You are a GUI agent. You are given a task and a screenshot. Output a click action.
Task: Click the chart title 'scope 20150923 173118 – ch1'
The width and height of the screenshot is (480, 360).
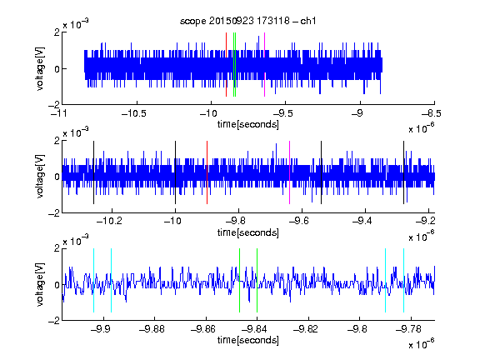248,21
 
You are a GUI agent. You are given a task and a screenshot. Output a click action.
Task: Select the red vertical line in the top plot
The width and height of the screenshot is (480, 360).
226,65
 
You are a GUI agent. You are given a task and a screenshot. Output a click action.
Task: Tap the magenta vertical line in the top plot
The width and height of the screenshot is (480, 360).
264,65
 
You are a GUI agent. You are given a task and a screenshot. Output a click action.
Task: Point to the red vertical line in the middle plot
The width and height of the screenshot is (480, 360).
207,172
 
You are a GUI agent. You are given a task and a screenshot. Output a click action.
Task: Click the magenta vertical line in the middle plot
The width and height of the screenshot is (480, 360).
290,172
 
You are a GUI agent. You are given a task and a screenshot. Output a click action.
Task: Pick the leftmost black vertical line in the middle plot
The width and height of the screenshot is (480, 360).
93,172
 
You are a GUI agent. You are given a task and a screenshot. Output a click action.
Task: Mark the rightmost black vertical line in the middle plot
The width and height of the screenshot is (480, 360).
404,172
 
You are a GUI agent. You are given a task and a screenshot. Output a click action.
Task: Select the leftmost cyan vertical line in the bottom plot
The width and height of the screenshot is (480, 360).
93,280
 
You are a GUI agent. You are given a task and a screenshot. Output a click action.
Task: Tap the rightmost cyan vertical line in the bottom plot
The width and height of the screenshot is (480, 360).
404,280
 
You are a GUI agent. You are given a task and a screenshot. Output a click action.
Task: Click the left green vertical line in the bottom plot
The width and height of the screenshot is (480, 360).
239,280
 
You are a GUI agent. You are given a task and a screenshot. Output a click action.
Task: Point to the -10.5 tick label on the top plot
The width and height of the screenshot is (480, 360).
134,113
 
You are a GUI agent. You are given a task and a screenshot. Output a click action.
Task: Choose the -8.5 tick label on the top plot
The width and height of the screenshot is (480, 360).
432,113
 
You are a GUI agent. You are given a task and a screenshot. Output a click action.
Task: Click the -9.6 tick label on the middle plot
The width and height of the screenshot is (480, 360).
299,221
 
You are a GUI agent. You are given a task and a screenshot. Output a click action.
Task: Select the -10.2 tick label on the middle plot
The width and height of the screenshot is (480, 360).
110,221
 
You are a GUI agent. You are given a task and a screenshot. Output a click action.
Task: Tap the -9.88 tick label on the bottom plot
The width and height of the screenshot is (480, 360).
152,329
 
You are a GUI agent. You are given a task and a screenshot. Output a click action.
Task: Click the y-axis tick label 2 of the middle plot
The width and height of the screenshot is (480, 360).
57,141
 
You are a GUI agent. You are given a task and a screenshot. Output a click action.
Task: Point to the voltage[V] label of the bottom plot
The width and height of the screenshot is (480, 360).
40,284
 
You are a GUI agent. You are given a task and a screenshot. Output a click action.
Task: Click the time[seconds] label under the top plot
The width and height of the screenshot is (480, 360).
248,124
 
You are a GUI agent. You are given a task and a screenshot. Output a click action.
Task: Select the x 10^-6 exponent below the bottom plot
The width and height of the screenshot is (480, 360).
422,343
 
